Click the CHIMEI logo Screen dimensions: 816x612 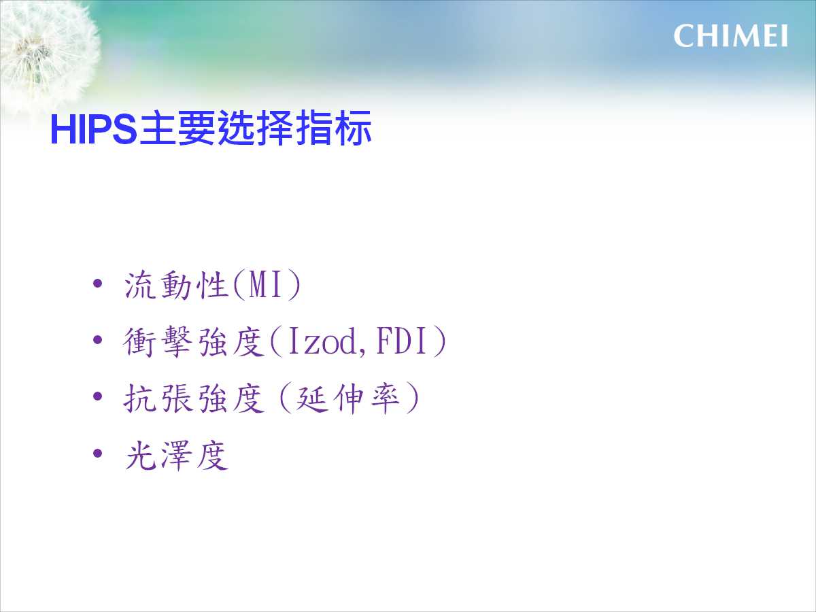pyautogui.click(x=730, y=35)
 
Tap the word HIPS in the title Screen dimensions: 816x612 pyautogui.click(x=94, y=130)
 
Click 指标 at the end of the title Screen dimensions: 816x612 pyautogui.click(x=333, y=129)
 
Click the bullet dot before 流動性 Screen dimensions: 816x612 pyautogui.click(x=97, y=284)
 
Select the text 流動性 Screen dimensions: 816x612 pyautogui.click(x=176, y=285)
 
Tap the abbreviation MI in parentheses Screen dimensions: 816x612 pyautogui.click(x=265, y=285)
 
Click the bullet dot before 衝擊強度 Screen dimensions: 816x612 pyautogui.click(x=97, y=340)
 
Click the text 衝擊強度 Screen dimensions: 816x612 pyautogui.click(x=194, y=341)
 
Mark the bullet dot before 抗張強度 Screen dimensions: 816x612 pyautogui.click(x=97, y=397)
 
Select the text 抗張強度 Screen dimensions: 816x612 pyautogui.click(x=194, y=398)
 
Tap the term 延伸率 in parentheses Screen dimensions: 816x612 pyautogui.click(x=347, y=398)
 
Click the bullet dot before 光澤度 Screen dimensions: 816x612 pyautogui.click(x=97, y=454)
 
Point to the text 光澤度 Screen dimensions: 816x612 pyautogui.click(x=176, y=455)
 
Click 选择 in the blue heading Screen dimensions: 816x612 pyautogui.click(x=255, y=129)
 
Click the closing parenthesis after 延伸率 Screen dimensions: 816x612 pyautogui.click(x=412, y=398)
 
